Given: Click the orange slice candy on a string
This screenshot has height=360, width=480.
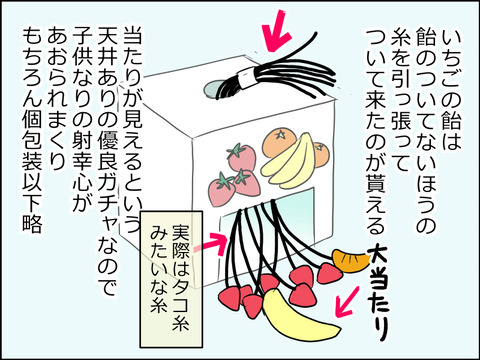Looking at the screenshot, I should pos(347,262).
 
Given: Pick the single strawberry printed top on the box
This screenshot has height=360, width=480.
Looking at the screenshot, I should pos(241,156).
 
